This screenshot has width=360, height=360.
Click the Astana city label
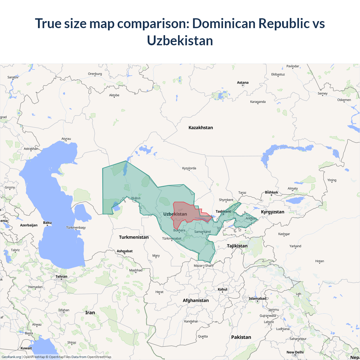pos(243,82)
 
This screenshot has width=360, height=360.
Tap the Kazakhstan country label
pos(201,127)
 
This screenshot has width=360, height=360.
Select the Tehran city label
pos(61,276)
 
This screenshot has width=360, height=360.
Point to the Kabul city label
pos(222,289)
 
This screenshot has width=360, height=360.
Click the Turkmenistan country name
pos(134,237)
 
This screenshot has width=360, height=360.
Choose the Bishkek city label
pos(271,192)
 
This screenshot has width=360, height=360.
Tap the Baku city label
pos(47,222)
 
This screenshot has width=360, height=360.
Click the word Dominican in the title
pos(224,23)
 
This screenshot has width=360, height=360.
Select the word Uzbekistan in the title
pos(180,40)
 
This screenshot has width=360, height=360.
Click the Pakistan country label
pos(241,337)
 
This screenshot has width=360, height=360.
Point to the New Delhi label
pos(295,352)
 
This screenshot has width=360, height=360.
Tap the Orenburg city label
pos(95,74)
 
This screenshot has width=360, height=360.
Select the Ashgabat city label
pos(125,251)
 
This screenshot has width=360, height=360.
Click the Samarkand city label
pos(202,231)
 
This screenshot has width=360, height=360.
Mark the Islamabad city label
pos(257,298)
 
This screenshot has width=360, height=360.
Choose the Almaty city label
pos(292,188)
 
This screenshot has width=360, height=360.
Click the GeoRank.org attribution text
pos(11,357)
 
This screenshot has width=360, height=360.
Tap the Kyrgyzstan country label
pos(273,212)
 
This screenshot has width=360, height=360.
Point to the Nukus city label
pos(136,198)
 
